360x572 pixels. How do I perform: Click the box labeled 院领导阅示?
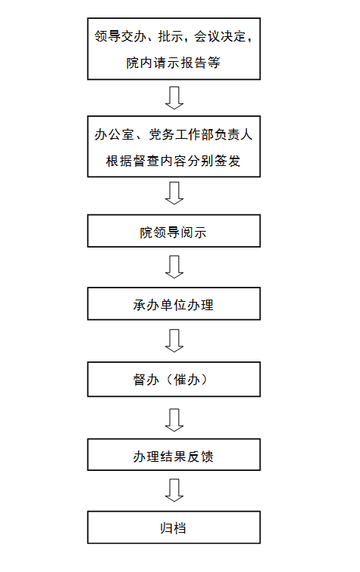point(174,231)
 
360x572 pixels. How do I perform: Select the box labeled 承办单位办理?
point(174,304)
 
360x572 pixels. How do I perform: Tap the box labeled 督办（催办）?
point(174,380)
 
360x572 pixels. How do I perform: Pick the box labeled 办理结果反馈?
point(174,454)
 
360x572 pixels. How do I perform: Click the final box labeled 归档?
point(174,527)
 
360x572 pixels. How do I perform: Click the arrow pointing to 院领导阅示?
point(174,193)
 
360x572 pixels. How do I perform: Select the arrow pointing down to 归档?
point(174,491)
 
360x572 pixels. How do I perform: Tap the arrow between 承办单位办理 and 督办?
point(174,341)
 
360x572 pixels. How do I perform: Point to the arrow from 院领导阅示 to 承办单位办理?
point(174,267)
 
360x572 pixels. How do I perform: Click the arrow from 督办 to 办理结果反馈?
point(174,420)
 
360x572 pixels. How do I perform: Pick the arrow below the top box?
point(174,98)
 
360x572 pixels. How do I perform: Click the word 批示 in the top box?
point(171,36)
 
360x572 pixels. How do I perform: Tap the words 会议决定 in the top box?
point(220,36)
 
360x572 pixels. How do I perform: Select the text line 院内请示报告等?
point(174,63)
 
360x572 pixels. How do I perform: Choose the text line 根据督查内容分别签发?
point(174,161)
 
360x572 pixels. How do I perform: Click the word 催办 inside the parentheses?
point(187,380)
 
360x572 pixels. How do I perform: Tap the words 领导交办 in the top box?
point(121,36)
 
